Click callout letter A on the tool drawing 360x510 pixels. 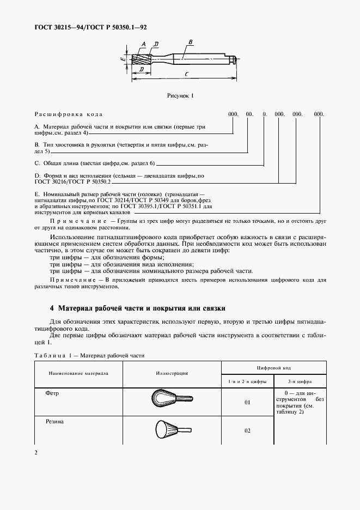[x=143, y=43]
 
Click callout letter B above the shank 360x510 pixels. [x=190, y=42]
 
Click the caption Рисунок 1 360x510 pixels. [x=180, y=96]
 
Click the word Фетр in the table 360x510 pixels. [x=53, y=392]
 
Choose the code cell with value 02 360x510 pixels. [x=247, y=430]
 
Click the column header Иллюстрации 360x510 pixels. [x=171, y=374]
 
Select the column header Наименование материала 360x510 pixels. [x=78, y=374]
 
